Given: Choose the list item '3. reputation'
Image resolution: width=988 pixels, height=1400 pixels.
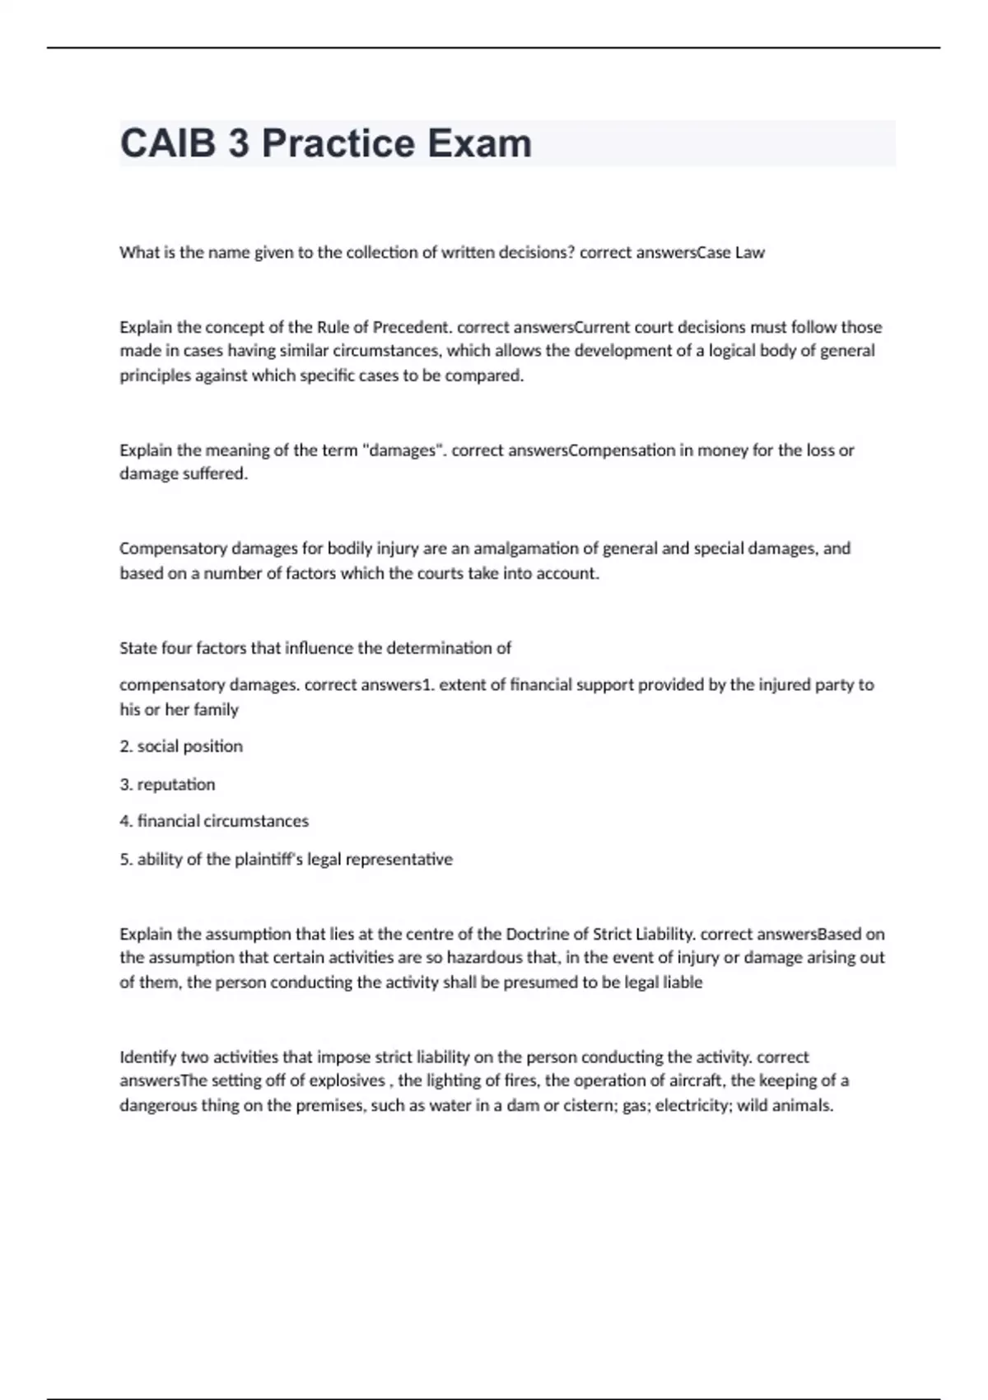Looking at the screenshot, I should tap(167, 784).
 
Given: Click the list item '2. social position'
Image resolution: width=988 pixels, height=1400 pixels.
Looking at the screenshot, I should tap(181, 746).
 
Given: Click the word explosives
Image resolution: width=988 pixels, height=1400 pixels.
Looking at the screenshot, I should tap(349, 1080).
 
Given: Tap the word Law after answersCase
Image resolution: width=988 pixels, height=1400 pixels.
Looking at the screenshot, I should tap(750, 253).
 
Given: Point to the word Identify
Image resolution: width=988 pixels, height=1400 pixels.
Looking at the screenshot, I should tap(147, 1057).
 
